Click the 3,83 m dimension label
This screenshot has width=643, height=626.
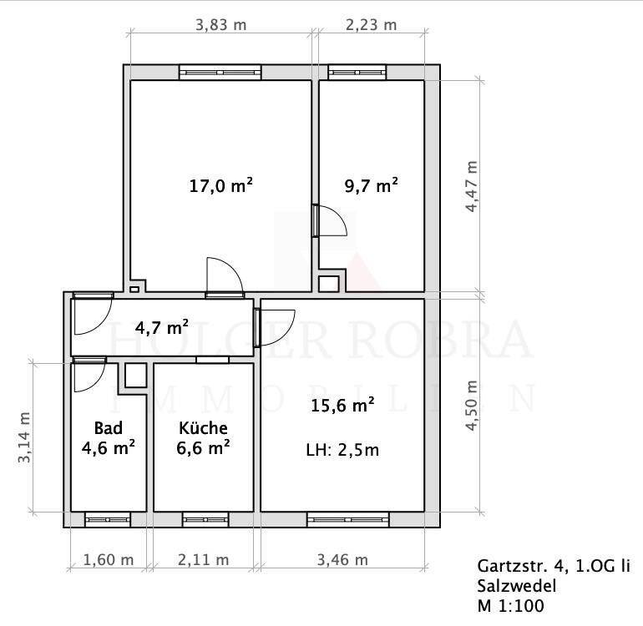pyautogui.click(x=220, y=25)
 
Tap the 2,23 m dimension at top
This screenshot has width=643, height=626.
pyautogui.click(x=371, y=25)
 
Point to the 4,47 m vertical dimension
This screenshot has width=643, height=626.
pyautogui.click(x=472, y=186)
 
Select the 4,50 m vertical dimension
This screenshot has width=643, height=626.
pyautogui.click(x=472, y=406)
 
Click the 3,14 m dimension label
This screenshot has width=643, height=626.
pyautogui.click(x=24, y=438)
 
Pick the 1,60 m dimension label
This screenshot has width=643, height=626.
pyautogui.click(x=109, y=559)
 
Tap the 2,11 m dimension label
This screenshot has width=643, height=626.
pyautogui.click(x=204, y=559)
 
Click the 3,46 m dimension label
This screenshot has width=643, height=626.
pyautogui.click(x=342, y=559)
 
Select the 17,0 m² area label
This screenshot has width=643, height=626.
pyautogui.click(x=220, y=185)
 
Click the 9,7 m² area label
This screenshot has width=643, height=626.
pyautogui.click(x=371, y=185)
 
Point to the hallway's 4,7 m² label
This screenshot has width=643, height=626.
pyautogui.click(x=162, y=327)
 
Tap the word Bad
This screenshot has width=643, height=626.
pyautogui.click(x=109, y=428)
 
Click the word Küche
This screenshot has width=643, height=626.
pyautogui.click(x=204, y=428)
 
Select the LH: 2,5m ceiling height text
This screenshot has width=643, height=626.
pyautogui.click(x=342, y=450)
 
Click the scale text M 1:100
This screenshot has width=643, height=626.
pyautogui.click(x=510, y=605)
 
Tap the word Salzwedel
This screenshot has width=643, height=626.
pyautogui.click(x=517, y=586)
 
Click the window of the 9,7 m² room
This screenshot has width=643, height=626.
pyautogui.click(x=357, y=73)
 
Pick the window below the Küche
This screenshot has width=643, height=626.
pyautogui.click(x=205, y=519)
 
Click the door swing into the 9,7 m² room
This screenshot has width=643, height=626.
pyautogui.click(x=333, y=221)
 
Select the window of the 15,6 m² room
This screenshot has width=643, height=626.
pyautogui.click(x=348, y=519)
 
